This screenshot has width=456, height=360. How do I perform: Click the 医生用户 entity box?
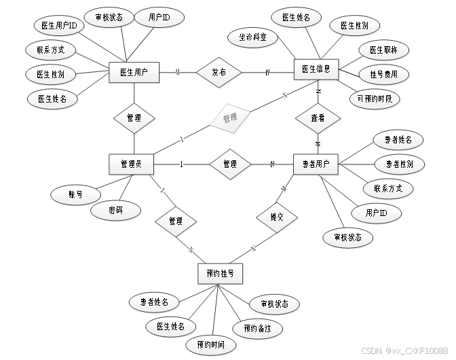click(x=134, y=72)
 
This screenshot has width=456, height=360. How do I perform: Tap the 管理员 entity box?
click(x=131, y=164)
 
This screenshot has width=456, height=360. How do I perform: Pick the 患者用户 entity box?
click(x=316, y=164)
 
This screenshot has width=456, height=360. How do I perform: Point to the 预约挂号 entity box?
click(x=220, y=273)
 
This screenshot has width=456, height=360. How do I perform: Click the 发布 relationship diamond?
click(x=218, y=72)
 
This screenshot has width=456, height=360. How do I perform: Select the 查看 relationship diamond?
click(x=317, y=118)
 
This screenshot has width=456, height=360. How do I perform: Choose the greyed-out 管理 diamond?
click(x=229, y=118)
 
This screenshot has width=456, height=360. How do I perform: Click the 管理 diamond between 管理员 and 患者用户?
click(x=229, y=164)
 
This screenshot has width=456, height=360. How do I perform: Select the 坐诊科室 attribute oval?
click(x=252, y=37)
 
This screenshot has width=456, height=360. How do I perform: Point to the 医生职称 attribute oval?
click(x=383, y=50)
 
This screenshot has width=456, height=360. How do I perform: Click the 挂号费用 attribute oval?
click(x=383, y=74)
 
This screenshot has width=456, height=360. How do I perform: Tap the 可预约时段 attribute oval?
click(x=375, y=98)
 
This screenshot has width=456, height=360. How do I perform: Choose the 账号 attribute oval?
click(x=75, y=194)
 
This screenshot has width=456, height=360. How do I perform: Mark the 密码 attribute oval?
click(x=115, y=211)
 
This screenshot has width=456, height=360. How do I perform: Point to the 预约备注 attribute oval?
click(x=256, y=329)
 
